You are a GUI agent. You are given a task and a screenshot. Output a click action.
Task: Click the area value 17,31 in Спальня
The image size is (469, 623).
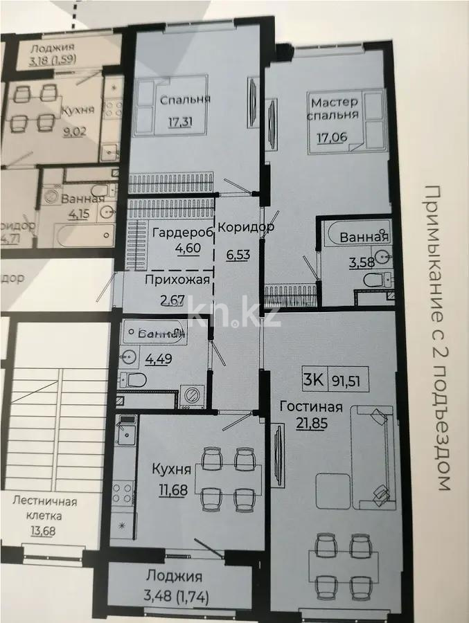(180, 123)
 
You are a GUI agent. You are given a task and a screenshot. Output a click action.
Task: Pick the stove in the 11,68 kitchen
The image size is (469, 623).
(123, 491)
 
